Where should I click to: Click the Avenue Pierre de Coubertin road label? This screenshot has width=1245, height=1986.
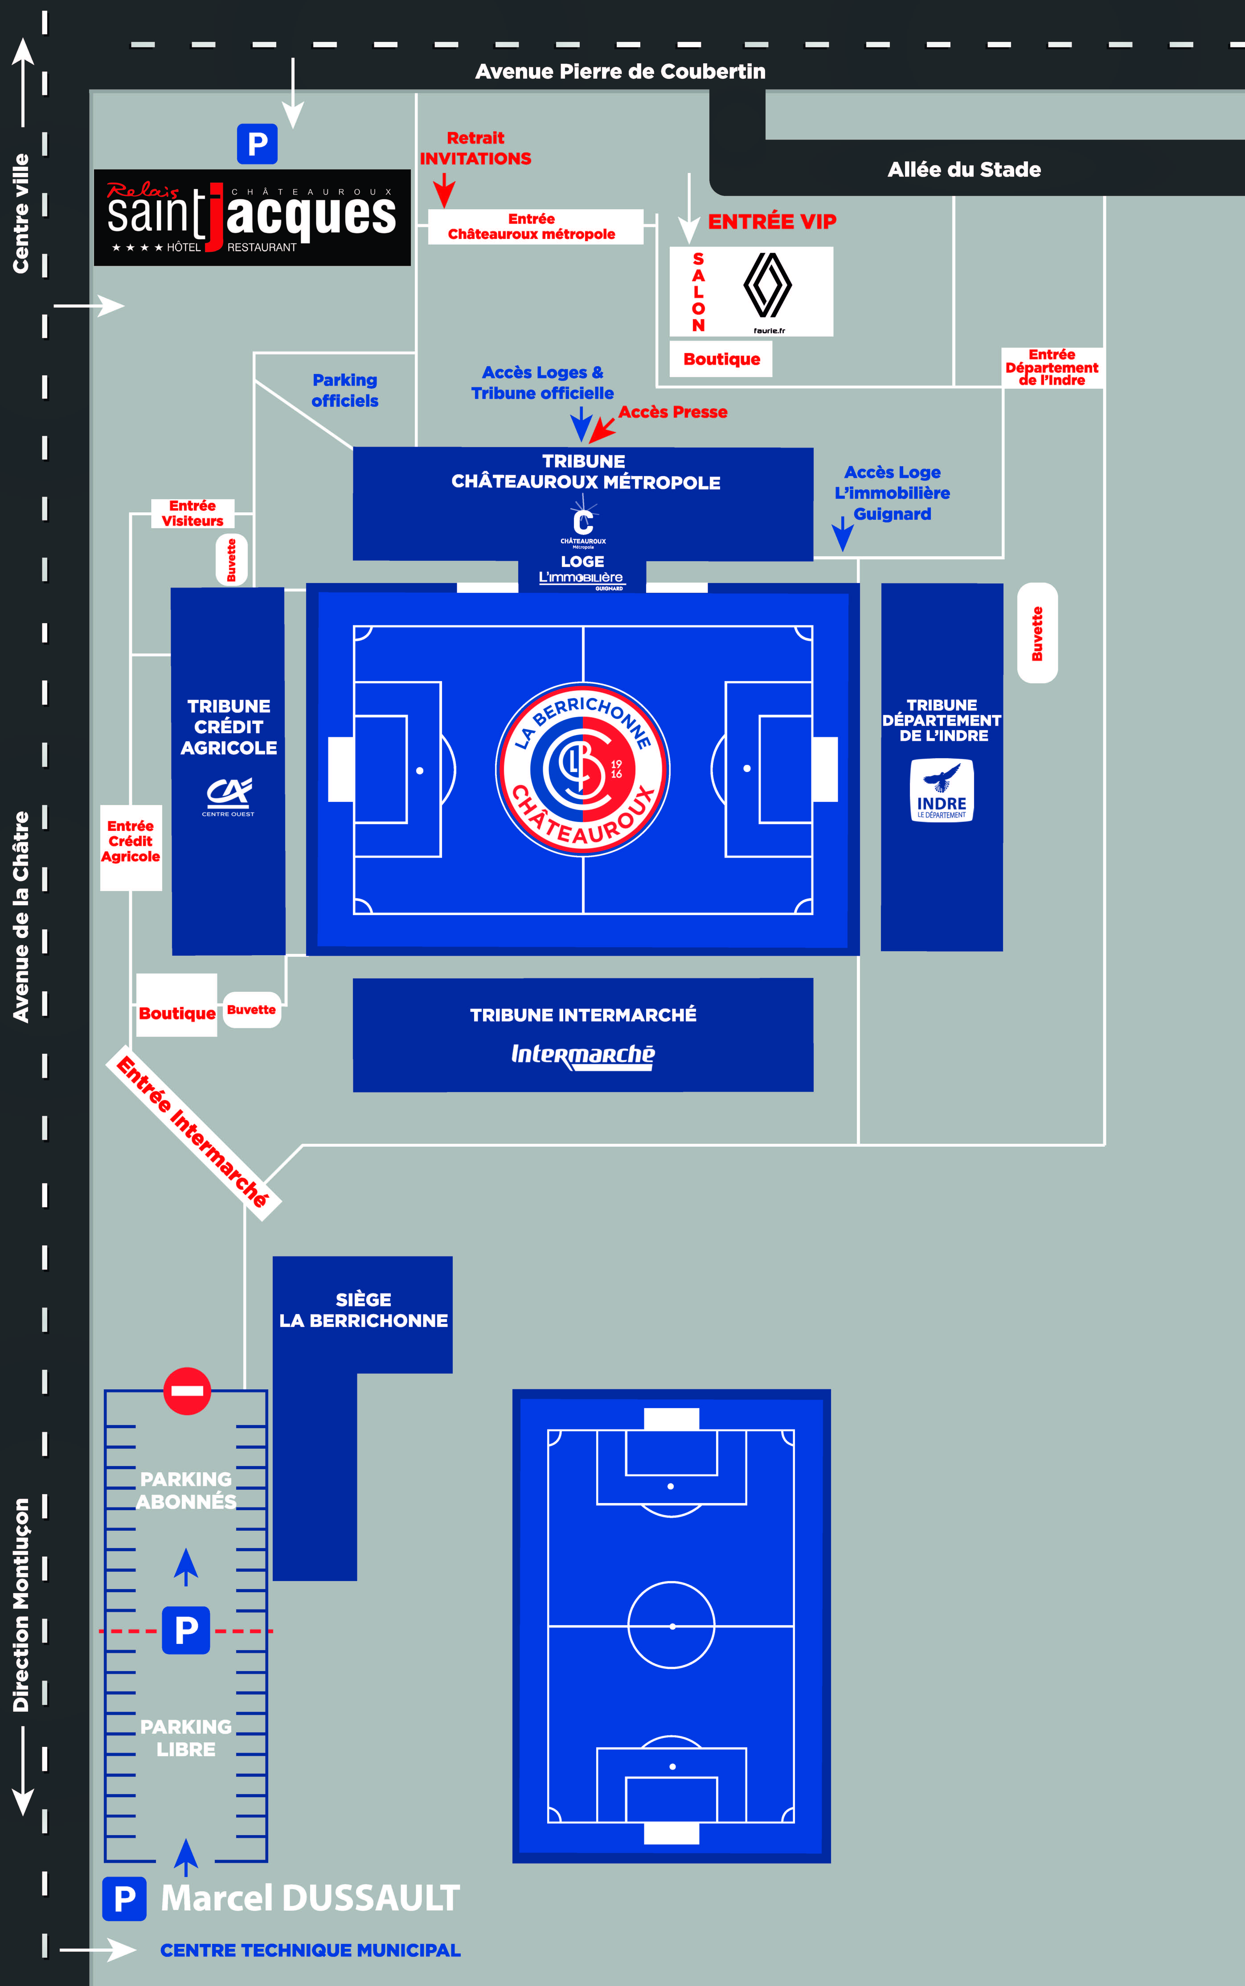click(620, 72)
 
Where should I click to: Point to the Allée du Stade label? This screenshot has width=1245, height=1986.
click(963, 170)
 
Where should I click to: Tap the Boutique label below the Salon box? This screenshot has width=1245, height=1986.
click(721, 359)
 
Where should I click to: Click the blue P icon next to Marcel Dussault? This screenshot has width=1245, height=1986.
click(124, 1898)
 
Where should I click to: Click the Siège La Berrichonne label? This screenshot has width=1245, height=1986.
click(363, 1310)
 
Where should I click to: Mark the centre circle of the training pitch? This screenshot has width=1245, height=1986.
click(671, 1625)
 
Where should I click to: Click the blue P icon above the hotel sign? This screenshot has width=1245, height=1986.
click(257, 144)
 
